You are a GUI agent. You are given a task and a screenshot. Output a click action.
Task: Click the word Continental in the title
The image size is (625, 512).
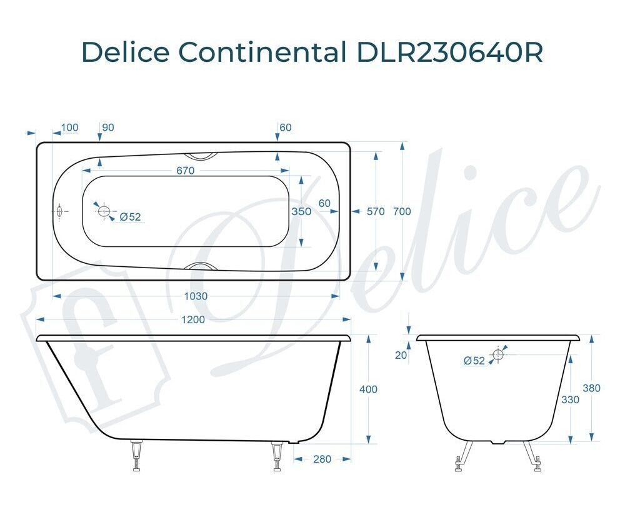click(262, 51)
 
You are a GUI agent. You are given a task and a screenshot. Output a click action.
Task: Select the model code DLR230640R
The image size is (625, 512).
click(449, 51)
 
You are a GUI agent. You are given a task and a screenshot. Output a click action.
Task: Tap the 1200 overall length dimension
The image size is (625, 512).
click(193, 319)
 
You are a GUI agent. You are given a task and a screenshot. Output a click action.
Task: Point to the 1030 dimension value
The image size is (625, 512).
click(196, 296)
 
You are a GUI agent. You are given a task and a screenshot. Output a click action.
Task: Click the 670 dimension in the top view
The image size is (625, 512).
click(186, 171)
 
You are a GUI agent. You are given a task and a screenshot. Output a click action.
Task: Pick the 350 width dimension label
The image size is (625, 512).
click(301, 211)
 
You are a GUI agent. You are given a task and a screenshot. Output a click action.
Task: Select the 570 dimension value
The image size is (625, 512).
click(376, 211)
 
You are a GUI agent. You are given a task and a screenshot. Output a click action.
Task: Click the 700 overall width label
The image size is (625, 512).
click(402, 211)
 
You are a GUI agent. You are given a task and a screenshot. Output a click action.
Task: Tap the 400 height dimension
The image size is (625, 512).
click(368, 389)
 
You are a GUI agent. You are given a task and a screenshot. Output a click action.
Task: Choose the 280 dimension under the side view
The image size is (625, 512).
click(322, 459)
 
